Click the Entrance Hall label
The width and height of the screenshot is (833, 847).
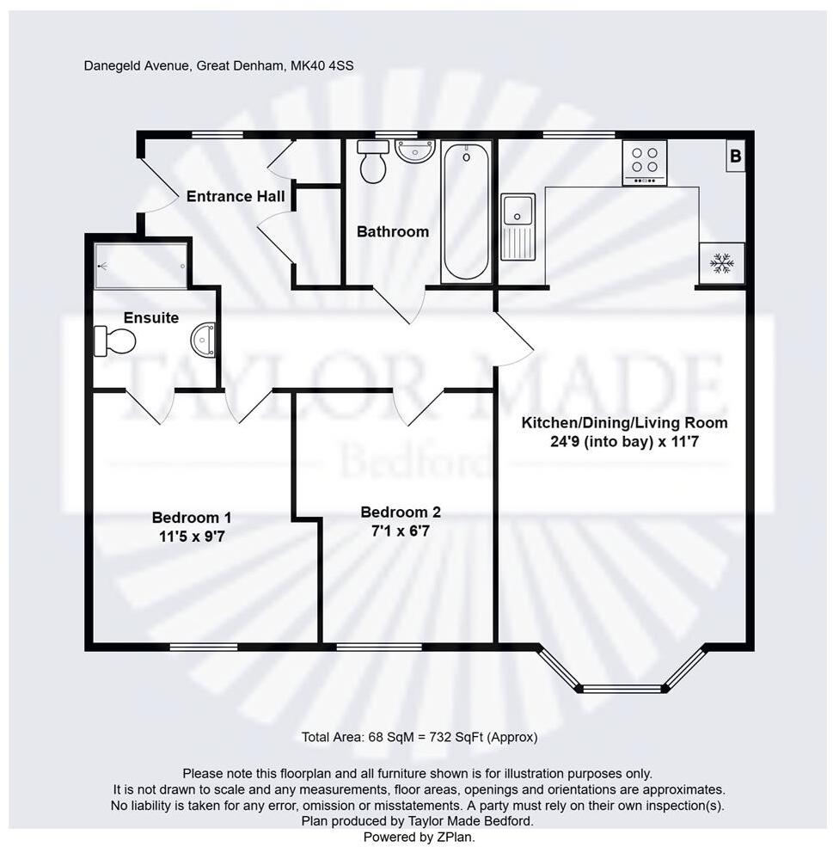(x=236, y=197)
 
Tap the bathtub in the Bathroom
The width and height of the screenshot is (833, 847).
(x=466, y=212)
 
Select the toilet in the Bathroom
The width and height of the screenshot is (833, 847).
(x=373, y=162)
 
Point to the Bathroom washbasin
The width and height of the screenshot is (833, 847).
(x=415, y=152)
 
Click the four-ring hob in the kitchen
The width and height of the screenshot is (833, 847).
(x=645, y=162)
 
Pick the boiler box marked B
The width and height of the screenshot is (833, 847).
(x=735, y=157)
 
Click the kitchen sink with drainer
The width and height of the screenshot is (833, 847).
(x=518, y=225)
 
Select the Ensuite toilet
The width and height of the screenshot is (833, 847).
(x=115, y=341)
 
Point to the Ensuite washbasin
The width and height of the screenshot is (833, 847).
(x=205, y=340)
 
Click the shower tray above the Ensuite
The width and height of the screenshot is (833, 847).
(x=140, y=264)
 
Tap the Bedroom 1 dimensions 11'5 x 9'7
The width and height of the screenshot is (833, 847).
(x=191, y=536)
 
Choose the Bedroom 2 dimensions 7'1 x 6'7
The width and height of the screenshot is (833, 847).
(x=400, y=531)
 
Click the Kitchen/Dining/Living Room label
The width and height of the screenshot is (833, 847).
(x=625, y=423)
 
